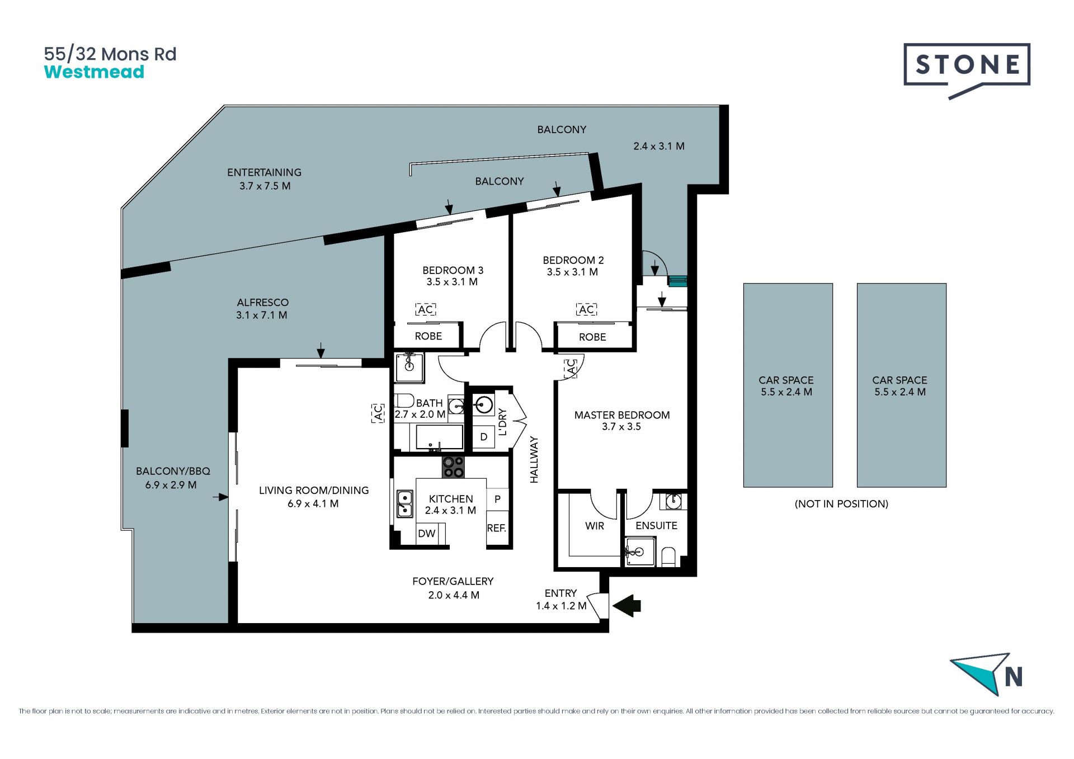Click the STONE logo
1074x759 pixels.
967,70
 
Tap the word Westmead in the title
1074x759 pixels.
94,72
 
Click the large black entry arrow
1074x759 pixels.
627,606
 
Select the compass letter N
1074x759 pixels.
1014,677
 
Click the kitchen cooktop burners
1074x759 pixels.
453,467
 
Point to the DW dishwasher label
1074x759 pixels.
426,534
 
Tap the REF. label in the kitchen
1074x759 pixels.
497,528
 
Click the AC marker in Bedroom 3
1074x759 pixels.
426,310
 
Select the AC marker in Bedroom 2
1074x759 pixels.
586,310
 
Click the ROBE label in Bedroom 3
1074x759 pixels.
428,336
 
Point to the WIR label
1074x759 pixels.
595,526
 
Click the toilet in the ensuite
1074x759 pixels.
668,557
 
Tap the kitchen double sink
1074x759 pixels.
404,503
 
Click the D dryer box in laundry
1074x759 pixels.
484,437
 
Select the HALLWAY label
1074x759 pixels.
534,460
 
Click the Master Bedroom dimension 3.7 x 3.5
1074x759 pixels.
621,427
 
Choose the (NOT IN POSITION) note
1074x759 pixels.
841,504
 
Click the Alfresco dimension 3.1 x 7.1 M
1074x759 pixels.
262,315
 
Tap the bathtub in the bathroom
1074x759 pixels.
440,437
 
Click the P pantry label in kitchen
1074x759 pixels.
497,499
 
